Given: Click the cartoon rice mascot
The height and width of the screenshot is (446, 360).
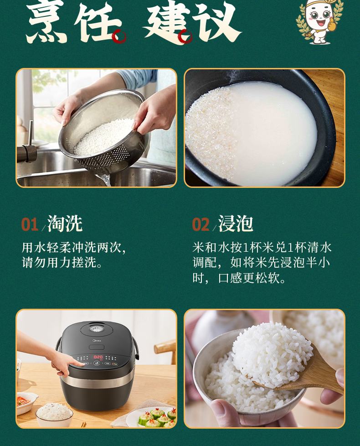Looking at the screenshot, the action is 319,21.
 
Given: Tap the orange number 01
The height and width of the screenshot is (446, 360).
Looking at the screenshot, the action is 30,224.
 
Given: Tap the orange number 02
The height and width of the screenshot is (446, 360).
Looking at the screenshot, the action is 201,224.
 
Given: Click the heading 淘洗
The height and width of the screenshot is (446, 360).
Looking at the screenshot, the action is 65,223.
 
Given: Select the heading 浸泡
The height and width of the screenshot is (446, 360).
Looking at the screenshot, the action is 236,223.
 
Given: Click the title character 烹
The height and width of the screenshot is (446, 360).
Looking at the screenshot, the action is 46,23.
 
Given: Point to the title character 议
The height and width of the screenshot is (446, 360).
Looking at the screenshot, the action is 217,21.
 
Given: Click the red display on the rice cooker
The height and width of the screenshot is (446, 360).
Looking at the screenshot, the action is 98,357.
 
